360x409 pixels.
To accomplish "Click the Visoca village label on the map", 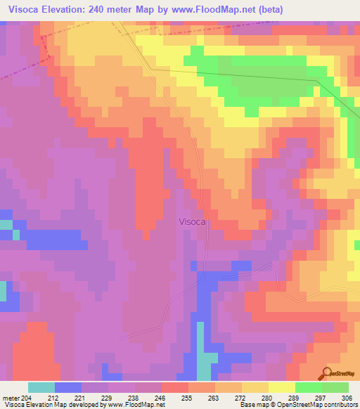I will click(192, 221).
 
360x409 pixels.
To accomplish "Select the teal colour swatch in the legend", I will click(41, 387).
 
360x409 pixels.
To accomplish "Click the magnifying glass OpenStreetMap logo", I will click(325, 373).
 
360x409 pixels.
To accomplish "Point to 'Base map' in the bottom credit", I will click(252, 405).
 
